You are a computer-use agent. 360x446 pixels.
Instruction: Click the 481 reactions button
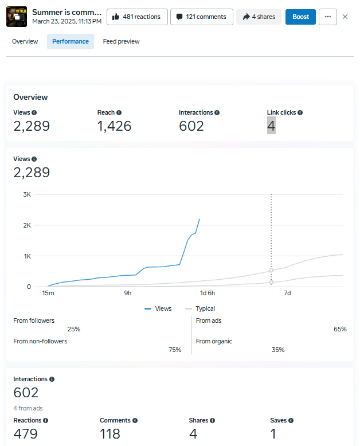click(x=137, y=17)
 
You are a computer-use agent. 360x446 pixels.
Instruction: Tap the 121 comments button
click(x=201, y=17)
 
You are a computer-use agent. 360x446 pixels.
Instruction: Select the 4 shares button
click(x=259, y=17)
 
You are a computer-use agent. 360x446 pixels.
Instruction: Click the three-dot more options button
click(x=327, y=17)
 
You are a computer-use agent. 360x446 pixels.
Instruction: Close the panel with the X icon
click(x=345, y=17)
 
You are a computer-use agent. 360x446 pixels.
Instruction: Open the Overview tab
click(x=25, y=41)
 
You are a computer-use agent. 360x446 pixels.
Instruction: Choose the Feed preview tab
click(x=121, y=41)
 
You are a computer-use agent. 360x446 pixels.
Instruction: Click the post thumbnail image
click(x=17, y=17)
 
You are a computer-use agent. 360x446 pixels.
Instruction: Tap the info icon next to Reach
click(x=119, y=113)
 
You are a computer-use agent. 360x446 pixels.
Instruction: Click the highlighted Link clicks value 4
click(x=271, y=126)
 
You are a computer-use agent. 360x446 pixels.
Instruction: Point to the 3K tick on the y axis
click(x=26, y=194)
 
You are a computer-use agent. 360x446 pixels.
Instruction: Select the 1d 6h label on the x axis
click(x=208, y=294)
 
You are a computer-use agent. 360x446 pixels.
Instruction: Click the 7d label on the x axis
click(x=287, y=294)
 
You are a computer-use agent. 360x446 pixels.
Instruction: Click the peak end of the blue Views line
click(x=199, y=219)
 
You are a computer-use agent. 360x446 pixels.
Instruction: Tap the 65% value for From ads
click(x=340, y=329)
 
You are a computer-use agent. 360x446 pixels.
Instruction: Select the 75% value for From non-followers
click(x=175, y=350)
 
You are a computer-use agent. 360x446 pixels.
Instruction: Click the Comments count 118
click(x=110, y=434)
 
